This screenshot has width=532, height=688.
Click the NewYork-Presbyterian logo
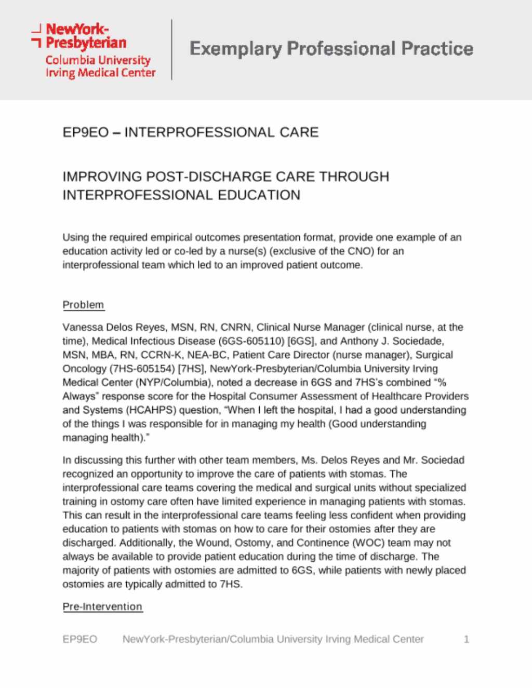click(94, 50)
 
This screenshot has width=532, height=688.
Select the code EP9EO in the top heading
click(86, 132)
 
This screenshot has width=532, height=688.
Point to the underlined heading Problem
click(83, 305)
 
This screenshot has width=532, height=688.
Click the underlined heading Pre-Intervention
click(102, 606)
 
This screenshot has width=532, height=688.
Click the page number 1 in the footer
click(466, 639)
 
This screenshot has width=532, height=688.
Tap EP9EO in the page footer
click(79, 639)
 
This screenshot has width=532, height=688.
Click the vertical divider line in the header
click(172, 50)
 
